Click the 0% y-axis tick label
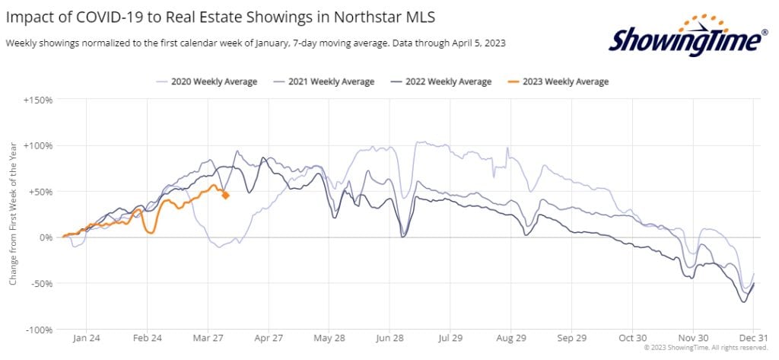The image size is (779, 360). point(44,237)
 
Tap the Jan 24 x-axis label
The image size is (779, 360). point(87,339)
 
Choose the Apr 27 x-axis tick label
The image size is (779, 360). point(269,339)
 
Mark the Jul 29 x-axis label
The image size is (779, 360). point(450,339)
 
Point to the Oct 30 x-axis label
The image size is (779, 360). point(631,339)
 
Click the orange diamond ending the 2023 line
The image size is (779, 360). point(226,196)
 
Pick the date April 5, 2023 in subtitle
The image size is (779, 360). point(475,43)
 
